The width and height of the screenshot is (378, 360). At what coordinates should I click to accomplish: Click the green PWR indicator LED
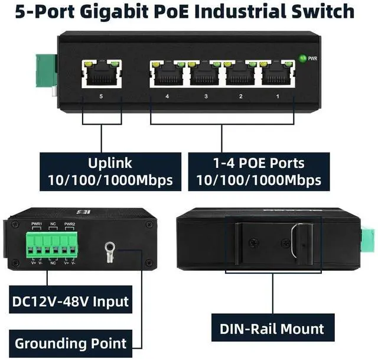303,58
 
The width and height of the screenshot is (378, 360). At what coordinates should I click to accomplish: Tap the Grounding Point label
70,343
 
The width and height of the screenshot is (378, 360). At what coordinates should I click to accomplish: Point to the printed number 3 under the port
206,96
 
